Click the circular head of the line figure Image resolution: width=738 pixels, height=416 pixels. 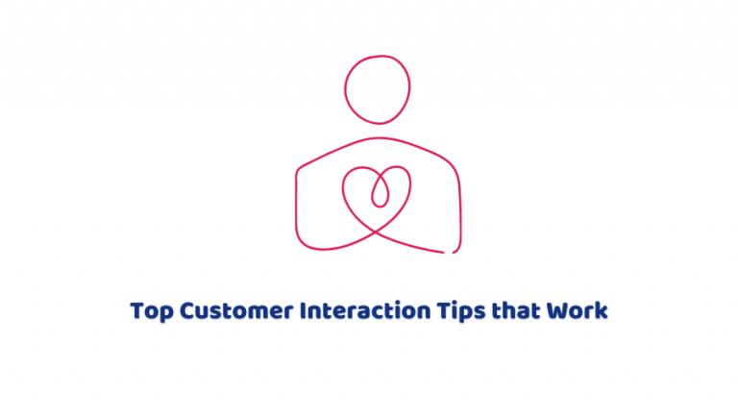pos(370,89)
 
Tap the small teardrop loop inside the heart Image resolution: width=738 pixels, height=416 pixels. pos(379,192)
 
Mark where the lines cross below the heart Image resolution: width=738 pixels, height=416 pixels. pos(377,231)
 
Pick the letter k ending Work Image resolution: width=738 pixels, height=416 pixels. pos(602,312)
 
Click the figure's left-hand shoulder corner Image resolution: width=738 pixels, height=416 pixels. pos(298,172)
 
